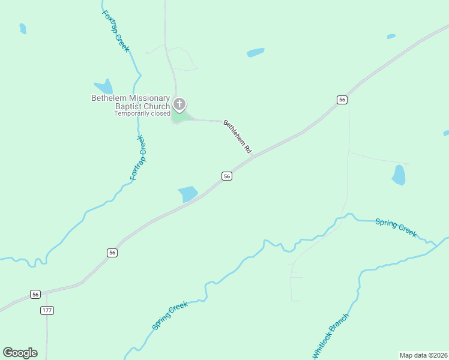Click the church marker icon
coord(179,105)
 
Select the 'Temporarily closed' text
coord(142,113)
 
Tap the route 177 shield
coord(47,310)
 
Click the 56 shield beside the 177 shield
coord(35,294)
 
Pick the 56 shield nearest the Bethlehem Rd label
coord(226,176)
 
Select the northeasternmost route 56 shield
coord(342,100)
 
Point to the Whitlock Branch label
coord(330,336)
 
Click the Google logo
coord(20,353)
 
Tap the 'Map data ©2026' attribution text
coord(423,355)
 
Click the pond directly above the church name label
coord(104,88)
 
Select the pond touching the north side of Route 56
coord(188,194)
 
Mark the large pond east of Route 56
coord(399,175)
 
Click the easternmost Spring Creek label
coord(396,227)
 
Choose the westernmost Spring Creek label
coord(170,316)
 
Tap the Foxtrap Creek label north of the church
coord(115,31)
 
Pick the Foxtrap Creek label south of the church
coord(138,158)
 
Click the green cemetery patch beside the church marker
coord(180,117)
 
